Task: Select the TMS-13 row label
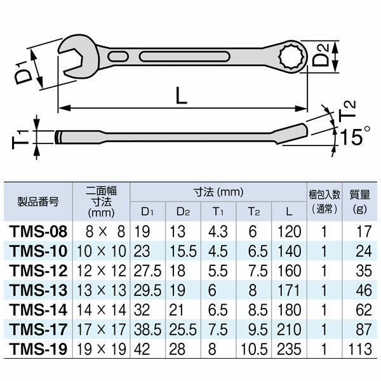[x=38, y=291]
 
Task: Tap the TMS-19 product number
[x=38, y=350]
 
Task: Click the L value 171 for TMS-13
[x=289, y=291]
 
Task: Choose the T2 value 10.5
[x=254, y=350]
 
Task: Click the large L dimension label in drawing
[x=182, y=96]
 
